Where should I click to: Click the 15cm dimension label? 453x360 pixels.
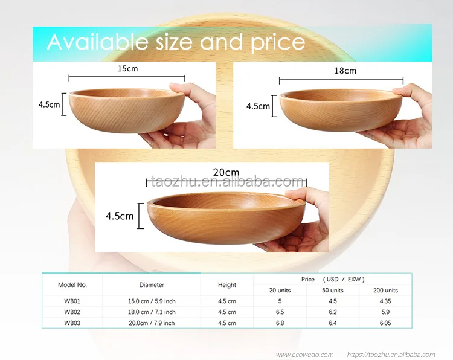[x=127, y=69]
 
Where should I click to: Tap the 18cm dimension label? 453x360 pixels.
[x=345, y=71]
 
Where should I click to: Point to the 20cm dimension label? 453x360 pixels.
[x=226, y=173]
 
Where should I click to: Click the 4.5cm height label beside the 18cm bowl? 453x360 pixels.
[x=258, y=106]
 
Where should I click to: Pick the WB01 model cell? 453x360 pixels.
[x=72, y=301]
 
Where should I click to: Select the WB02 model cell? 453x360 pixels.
[x=72, y=312]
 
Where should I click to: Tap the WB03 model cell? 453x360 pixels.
[x=72, y=323]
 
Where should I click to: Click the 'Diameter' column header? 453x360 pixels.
[x=152, y=284]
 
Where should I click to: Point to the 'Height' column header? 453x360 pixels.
[x=227, y=284]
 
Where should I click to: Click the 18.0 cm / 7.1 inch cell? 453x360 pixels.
[x=152, y=312]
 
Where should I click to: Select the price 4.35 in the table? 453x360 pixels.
[x=385, y=301]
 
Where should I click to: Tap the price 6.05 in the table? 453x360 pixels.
[x=385, y=323]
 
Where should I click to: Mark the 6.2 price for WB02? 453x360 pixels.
[x=332, y=312]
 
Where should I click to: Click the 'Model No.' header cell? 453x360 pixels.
[x=72, y=284]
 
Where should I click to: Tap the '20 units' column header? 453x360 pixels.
[x=280, y=291]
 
